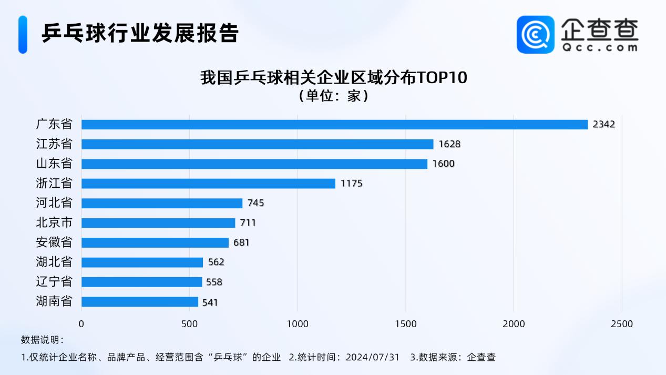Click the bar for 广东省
(334, 125)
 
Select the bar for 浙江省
(208, 184)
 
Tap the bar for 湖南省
(140, 302)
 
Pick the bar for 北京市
(158, 223)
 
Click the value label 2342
(603, 125)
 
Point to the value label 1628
(449, 144)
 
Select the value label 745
(255, 203)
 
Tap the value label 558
(214, 282)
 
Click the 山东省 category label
(54, 164)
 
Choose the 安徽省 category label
(54, 242)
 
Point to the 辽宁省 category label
(54, 282)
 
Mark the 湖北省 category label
(54, 262)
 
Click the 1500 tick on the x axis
(406, 324)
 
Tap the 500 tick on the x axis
(189, 324)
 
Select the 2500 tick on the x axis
(622, 324)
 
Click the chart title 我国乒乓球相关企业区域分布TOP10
(333, 78)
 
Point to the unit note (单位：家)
(333, 96)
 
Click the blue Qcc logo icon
(535, 34)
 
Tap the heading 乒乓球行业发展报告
(140, 33)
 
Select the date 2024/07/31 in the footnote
(372, 358)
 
